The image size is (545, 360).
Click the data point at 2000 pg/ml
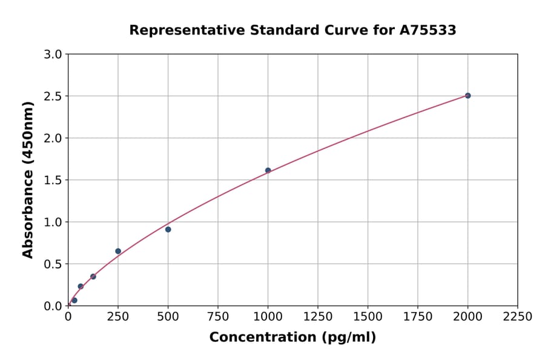click(467, 96)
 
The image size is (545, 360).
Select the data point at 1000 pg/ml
click(268, 170)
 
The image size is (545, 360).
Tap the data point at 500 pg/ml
click(168, 229)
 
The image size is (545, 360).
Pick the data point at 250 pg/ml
click(118, 251)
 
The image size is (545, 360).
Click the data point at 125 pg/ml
click(93, 276)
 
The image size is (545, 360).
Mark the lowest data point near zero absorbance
click(74, 300)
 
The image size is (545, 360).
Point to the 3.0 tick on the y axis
click(54, 55)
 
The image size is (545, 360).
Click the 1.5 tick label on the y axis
click(54, 180)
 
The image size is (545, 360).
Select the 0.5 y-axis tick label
click(54, 264)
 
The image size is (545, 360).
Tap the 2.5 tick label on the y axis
click(54, 96)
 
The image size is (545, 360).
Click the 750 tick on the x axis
click(218, 316)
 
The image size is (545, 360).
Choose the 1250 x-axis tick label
click(318, 316)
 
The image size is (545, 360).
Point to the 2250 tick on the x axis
click(518, 316)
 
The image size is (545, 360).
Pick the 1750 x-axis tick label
click(418, 316)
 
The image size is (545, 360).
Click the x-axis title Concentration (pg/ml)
click(292, 338)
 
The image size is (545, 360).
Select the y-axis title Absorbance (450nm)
click(28, 179)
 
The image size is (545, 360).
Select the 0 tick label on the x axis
click(68, 316)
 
